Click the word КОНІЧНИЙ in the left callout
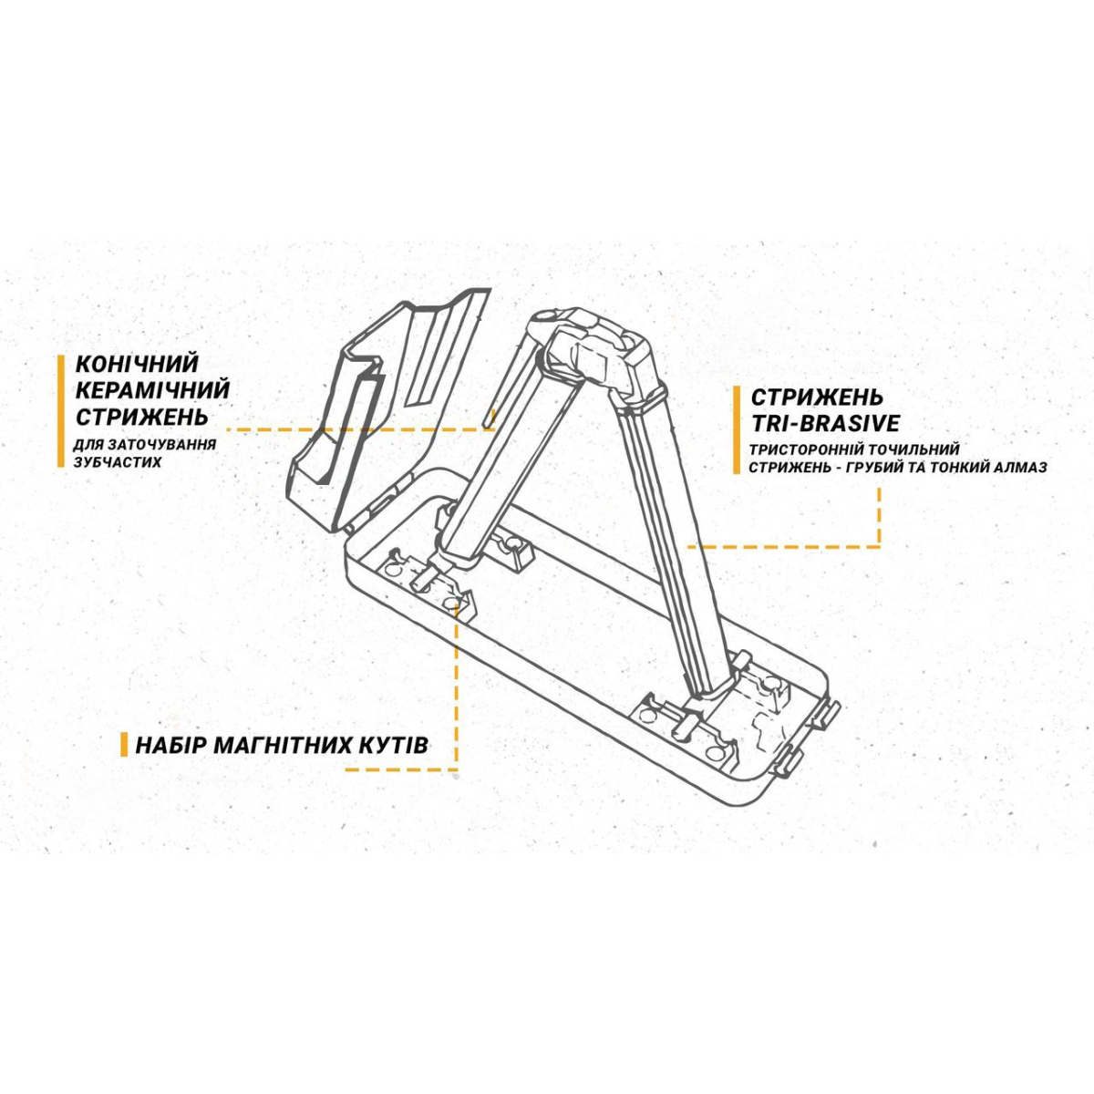coord(136,364)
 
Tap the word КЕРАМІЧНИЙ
coord(152,390)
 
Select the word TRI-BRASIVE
coord(825,424)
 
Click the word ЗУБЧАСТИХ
coord(118,462)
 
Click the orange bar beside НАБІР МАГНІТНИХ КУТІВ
coord(124,744)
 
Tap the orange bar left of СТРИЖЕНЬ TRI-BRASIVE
coord(737,429)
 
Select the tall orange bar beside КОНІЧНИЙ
coord(61,411)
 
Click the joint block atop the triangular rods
coord(596,355)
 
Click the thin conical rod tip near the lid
coord(490,419)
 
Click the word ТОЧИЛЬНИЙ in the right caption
coord(912,449)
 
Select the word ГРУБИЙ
coord(901,468)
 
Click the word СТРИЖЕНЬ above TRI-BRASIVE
coord(817,397)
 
